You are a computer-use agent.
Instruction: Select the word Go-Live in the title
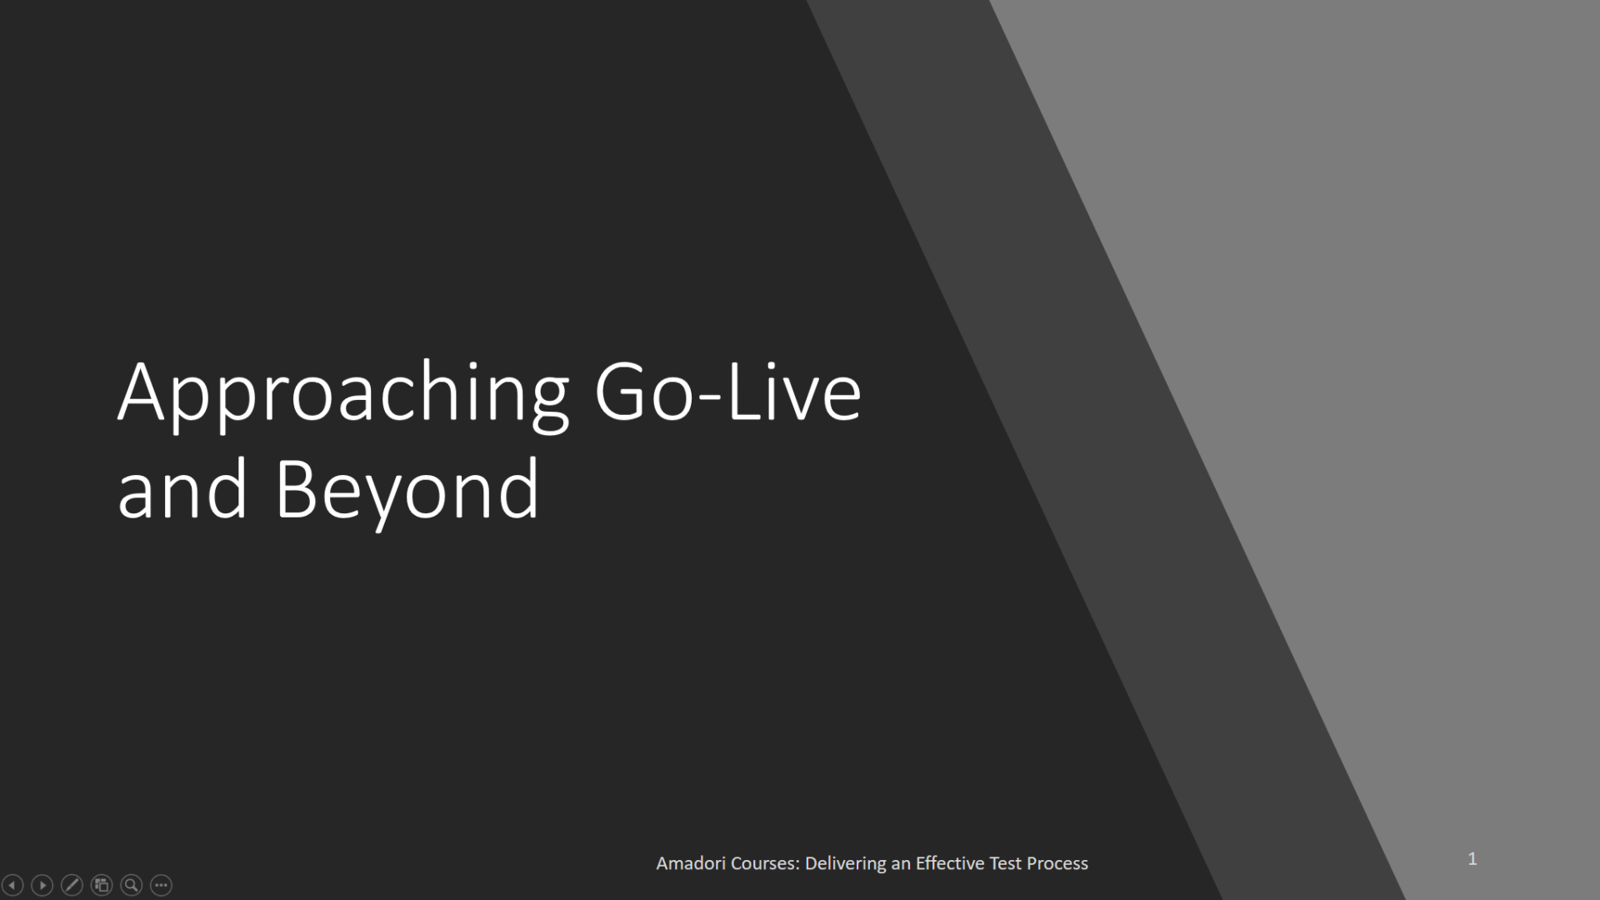tap(727, 392)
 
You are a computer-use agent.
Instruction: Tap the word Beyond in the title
tap(407, 490)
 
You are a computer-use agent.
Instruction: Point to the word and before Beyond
tap(182, 490)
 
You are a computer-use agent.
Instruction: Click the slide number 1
tap(1472, 859)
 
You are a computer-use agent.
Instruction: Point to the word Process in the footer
tap(1057, 864)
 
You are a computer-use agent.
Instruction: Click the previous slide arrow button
tap(12, 885)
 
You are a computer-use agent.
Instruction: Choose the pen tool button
tap(72, 885)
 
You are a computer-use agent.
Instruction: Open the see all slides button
tap(102, 885)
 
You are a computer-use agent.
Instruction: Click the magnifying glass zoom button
tap(132, 885)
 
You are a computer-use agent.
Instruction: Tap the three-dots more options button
tap(161, 885)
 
